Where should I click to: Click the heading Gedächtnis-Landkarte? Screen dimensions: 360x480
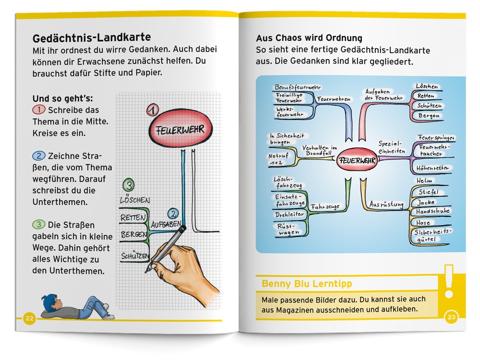click(x=91, y=37)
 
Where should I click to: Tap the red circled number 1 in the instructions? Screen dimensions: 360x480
click(x=38, y=110)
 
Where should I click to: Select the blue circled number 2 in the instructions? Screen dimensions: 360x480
click(x=38, y=156)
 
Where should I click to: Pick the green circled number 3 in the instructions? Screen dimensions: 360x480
click(x=38, y=224)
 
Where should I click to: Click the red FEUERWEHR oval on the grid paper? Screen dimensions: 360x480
click(x=180, y=129)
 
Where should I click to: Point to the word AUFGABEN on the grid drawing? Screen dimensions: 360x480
click(x=166, y=224)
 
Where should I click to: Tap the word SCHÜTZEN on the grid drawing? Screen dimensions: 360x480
click(x=135, y=256)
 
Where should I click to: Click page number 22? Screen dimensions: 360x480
click(x=30, y=318)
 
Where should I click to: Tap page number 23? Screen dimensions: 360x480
click(x=452, y=317)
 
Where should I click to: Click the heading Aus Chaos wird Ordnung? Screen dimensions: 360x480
click(x=309, y=38)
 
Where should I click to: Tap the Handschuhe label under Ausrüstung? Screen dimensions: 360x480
click(x=432, y=211)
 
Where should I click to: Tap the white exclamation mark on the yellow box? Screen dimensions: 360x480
click(x=450, y=282)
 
